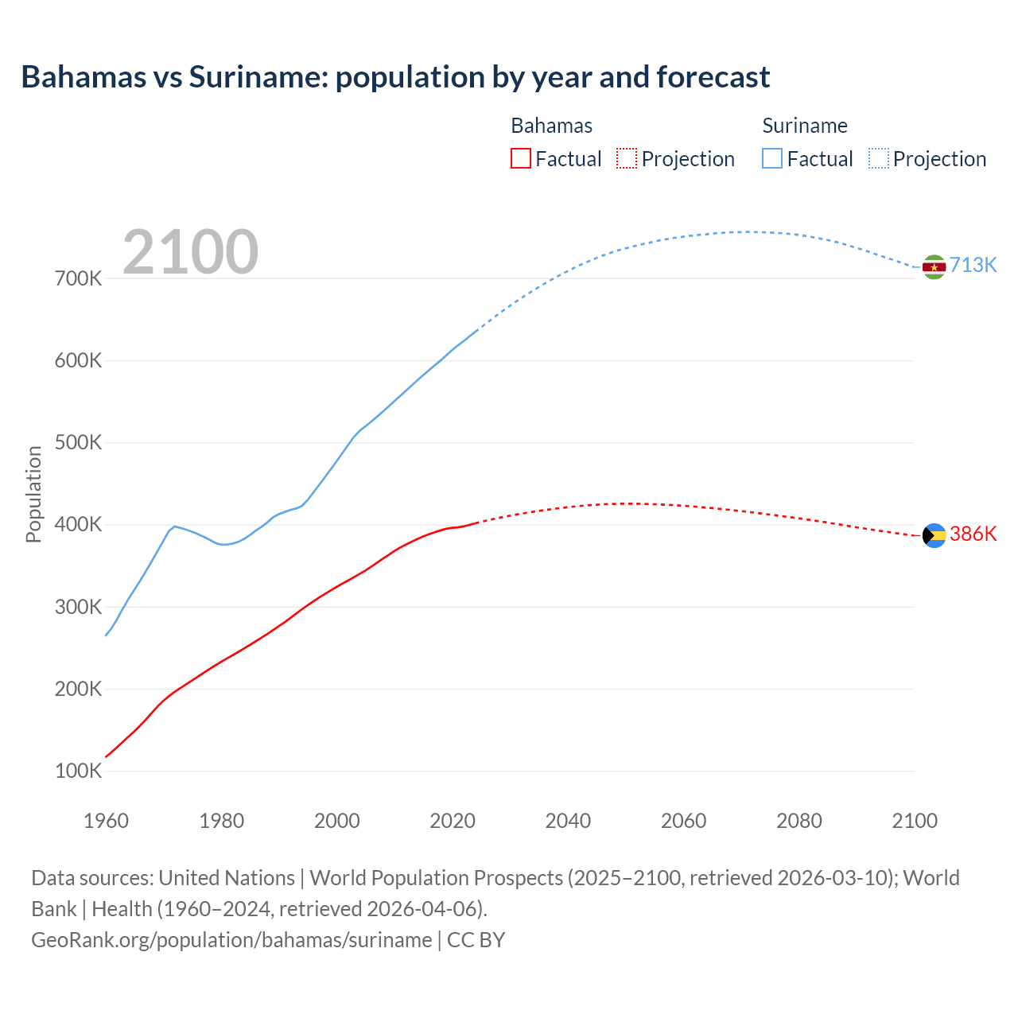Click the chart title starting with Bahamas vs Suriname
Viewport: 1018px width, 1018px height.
(x=395, y=77)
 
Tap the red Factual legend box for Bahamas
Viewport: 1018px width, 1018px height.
(x=521, y=158)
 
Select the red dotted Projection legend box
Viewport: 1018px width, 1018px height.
(x=627, y=158)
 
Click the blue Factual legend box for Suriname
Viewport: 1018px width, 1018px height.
(x=772, y=158)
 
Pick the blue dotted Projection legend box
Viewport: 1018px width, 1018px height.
(x=879, y=158)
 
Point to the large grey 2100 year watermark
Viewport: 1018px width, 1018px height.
(x=190, y=252)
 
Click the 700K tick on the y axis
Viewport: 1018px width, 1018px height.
(x=79, y=278)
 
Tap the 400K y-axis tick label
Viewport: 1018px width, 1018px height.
(x=79, y=525)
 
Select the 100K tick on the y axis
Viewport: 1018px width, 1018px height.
(x=79, y=771)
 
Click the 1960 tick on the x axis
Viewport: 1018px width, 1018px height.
(x=106, y=821)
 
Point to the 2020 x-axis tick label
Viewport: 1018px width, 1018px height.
(x=453, y=821)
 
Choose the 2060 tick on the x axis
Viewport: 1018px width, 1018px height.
(x=683, y=821)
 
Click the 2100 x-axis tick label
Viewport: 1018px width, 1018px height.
(x=915, y=821)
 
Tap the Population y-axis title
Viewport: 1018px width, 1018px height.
(x=33, y=494)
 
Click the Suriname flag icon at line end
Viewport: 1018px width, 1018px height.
(x=934, y=266)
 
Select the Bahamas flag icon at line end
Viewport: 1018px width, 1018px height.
(x=934, y=535)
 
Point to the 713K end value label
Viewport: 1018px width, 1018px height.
(x=973, y=266)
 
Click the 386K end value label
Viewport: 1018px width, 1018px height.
(x=973, y=534)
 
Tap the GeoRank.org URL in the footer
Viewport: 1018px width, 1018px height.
(x=231, y=939)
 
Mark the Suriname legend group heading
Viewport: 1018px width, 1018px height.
(x=805, y=126)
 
